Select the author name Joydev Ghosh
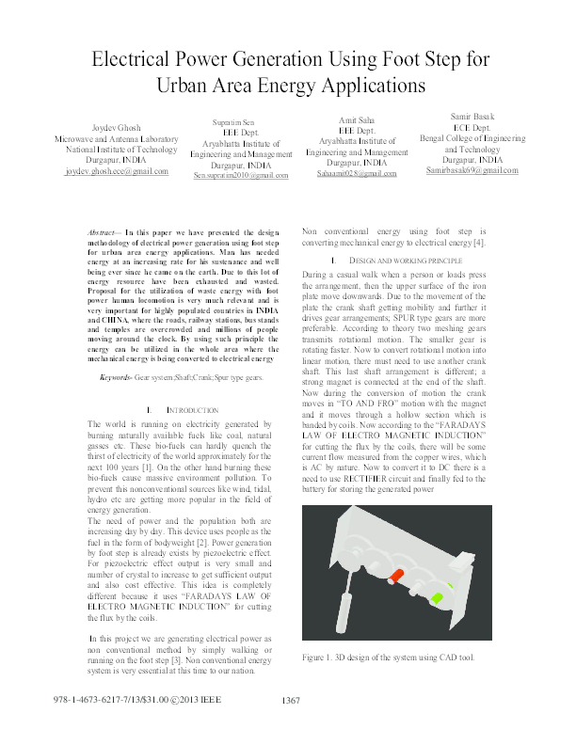(116, 127)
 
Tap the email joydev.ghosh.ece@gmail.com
(117, 172)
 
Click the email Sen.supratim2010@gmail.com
(241, 176)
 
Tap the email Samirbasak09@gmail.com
(472, 171)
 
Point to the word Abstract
(102, 231)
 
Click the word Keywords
(116, 377)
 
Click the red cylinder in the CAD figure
(396, 575)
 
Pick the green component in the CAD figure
(437, 595)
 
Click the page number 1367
(291, 726)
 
